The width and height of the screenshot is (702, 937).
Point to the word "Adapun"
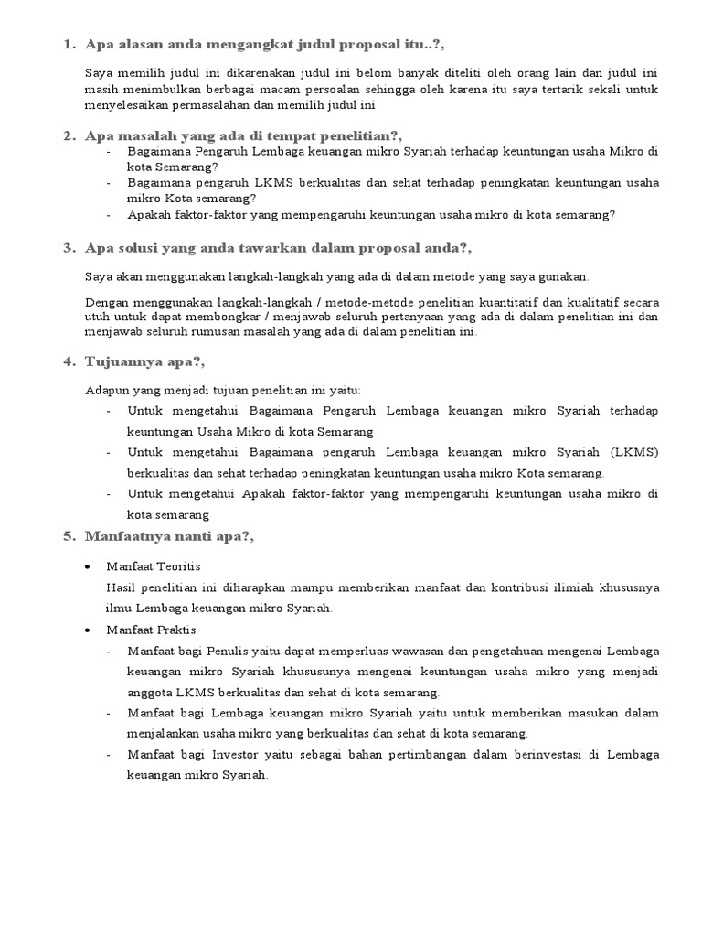pos(105,389)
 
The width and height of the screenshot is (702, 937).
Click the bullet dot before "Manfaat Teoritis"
pos(88,566)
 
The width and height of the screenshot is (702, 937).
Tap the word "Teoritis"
pos(179,566)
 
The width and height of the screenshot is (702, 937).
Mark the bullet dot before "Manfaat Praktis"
pos(88,630)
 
